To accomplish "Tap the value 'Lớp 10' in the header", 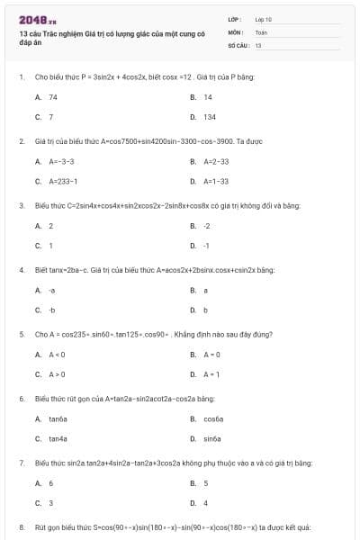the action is coord(264,19).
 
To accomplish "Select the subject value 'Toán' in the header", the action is coord(261,31).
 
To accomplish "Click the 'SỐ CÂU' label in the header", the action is coord(237,44).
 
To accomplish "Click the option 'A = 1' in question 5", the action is coord(211,374).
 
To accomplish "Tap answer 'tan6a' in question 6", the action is coord(58,419).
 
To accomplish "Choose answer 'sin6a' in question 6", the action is coord(212,439).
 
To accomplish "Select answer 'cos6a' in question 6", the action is coord(213,419).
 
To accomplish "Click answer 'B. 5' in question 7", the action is coord(206,483).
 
